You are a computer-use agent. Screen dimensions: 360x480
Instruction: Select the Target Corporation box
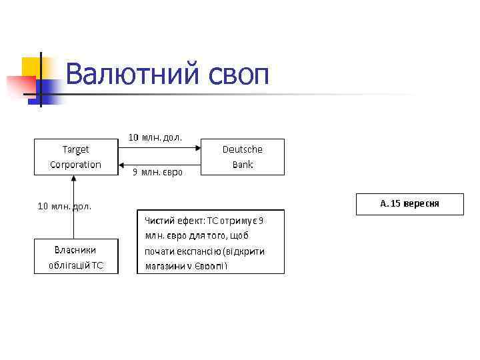point(76,157)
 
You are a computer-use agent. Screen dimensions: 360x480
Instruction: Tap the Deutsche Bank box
point(243,157)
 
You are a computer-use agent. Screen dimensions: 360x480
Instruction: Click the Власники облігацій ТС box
point(76,257)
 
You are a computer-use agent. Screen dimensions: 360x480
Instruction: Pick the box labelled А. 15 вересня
point(409,203)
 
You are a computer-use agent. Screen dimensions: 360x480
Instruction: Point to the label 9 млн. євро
point(157,172)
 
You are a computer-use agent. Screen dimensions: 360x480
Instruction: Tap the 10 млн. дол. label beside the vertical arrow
point(64,206)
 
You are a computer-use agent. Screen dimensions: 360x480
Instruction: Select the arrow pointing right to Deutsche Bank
point(160,148)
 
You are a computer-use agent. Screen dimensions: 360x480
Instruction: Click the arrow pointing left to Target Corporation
point(160,165)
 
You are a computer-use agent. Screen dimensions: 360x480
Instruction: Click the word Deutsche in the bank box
point(243,149)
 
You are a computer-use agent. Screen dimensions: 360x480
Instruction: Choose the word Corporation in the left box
point(76,164)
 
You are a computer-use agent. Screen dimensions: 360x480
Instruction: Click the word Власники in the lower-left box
point(76,249)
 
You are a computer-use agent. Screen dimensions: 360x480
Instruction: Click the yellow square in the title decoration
point(31,67)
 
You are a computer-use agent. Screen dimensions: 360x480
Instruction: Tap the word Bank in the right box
point(243,165)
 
